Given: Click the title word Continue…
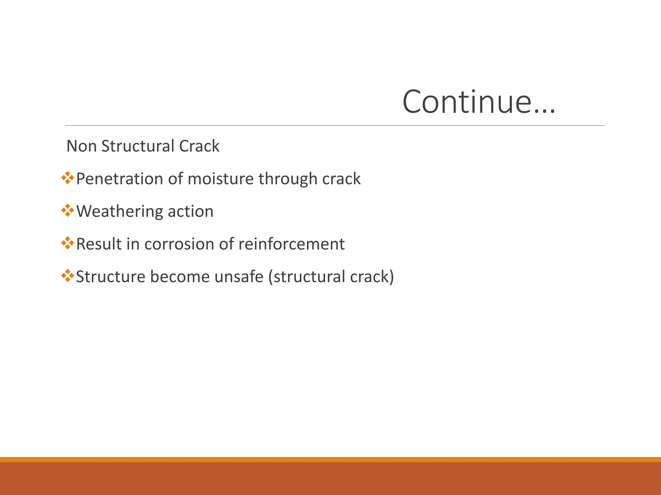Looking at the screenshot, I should pos(479,102).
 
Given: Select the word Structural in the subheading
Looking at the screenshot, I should pos(138,146).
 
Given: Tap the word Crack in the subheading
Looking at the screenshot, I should pos(199,146).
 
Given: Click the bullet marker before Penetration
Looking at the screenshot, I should pos(67,178).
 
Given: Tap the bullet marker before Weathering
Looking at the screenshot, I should pos(67,210).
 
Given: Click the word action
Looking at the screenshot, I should pos(190,212).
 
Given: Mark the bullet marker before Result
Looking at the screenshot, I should pos(67,243).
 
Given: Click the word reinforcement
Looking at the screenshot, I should pos(291,244).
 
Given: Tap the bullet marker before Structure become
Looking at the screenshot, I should pos(67,276).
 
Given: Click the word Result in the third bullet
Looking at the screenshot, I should pos(98,244).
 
